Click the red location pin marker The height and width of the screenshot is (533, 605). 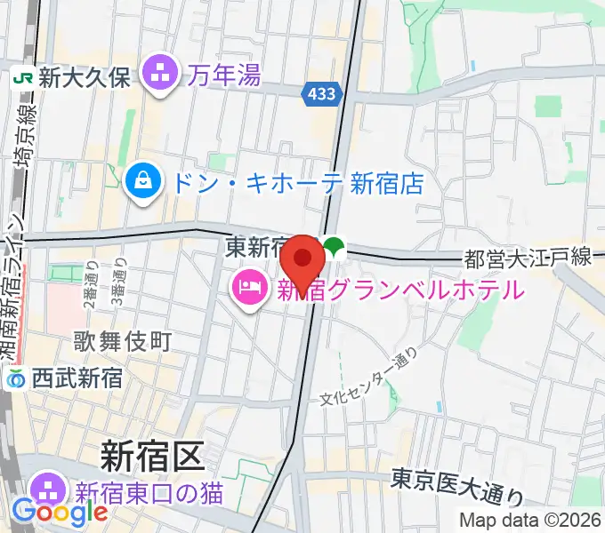point(302,259)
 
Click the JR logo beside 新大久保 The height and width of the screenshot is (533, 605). point(23,78)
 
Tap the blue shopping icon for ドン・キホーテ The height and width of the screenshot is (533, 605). point(141,184)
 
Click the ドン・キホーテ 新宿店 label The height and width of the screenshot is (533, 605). point(297,184)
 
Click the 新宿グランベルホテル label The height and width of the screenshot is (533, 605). point(399,289)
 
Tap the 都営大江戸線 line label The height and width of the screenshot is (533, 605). point(528,259)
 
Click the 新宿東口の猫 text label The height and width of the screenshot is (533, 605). point(148,490)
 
